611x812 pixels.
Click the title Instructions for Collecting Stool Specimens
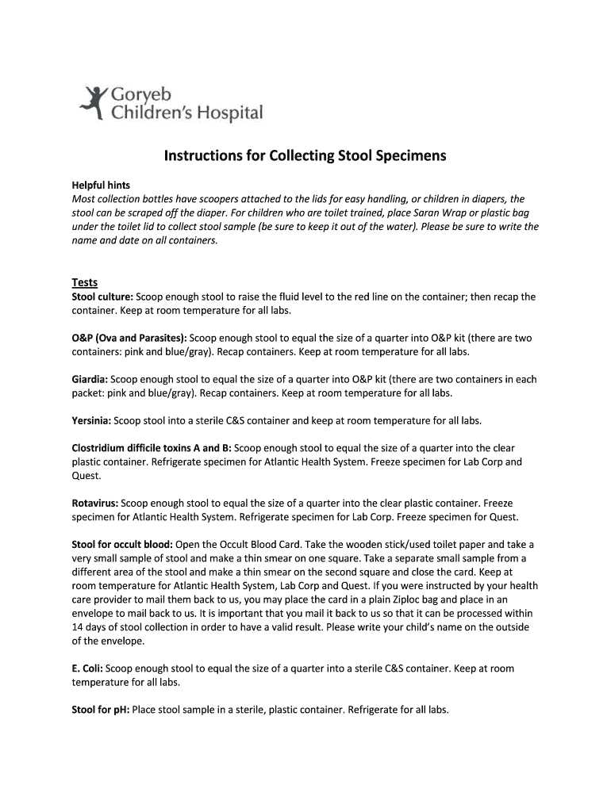[x=305, y=156]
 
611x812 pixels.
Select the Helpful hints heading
[x=101, y=185]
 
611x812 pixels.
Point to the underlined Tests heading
[x=85, y=282]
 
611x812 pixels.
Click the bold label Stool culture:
[x=102, y=297]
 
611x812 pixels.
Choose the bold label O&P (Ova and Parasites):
[x=129, y=338]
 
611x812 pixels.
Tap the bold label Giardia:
[x=90, y=379]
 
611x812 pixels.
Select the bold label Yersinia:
[x=92, y=420]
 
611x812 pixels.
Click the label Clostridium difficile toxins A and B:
[x=152, y=448]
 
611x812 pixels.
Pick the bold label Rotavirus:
[x=95, y=503]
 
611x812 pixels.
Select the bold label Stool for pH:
[x=101, y=710]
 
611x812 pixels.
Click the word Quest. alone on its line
[x=86, y=476]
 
